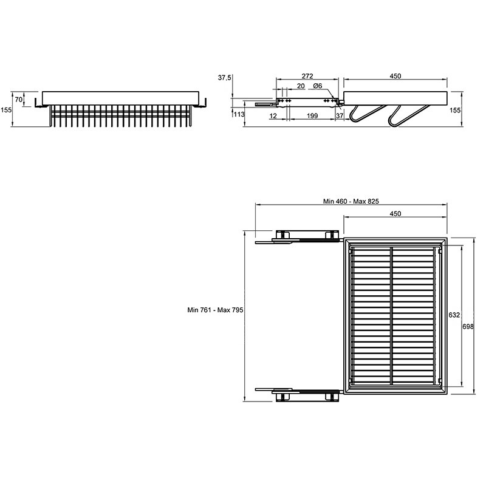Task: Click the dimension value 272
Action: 307,76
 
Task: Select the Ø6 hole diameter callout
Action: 317,86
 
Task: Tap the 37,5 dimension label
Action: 224,78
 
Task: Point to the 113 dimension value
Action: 239,115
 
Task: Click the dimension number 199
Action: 312,115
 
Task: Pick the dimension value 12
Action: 273,116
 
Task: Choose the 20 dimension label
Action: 301,86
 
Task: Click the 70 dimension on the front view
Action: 19,100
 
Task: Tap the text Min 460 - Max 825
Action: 351,201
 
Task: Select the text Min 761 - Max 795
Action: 215,310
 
